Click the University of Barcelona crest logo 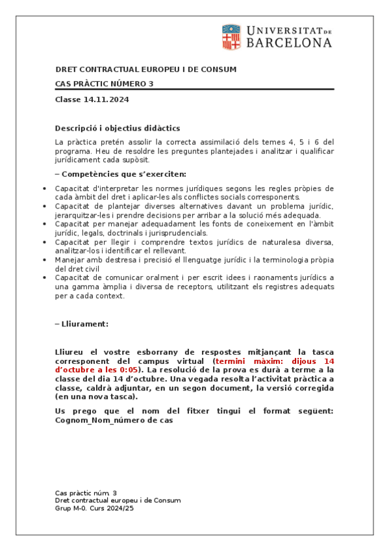231,37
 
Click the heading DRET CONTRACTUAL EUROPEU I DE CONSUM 145,70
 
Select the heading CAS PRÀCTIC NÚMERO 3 105,84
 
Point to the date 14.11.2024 107,99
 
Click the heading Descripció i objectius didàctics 118,128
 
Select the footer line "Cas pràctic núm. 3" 86,493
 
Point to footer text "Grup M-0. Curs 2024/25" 94,508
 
